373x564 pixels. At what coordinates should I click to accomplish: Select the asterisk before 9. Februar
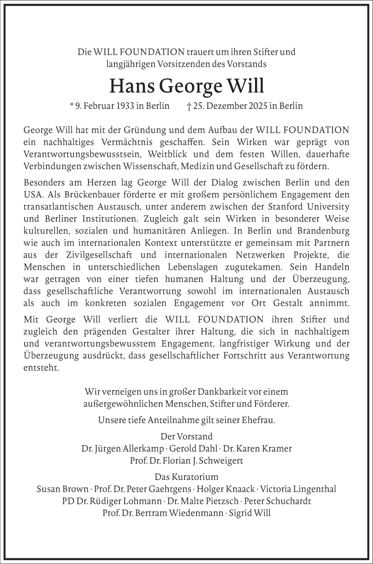72,105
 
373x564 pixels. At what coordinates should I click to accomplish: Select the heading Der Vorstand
186,437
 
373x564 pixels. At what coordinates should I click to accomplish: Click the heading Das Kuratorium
186,477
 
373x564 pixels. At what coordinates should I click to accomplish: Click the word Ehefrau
259,420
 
